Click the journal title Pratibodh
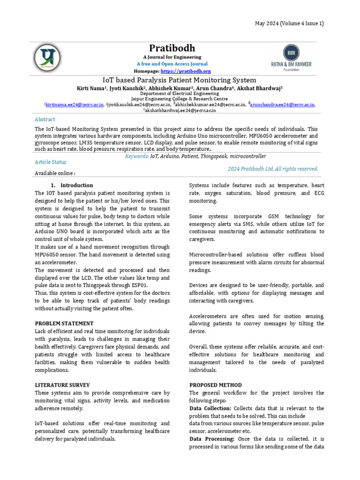172,48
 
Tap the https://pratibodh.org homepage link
186,71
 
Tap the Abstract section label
45,120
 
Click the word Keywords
137,156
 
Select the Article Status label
51,162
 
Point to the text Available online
55,173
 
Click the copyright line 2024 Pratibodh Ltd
273,169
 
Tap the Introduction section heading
76,185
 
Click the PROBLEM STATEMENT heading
64,323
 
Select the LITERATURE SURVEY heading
62,385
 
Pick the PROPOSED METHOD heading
215,385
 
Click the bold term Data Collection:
210,408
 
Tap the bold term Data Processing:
212,439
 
